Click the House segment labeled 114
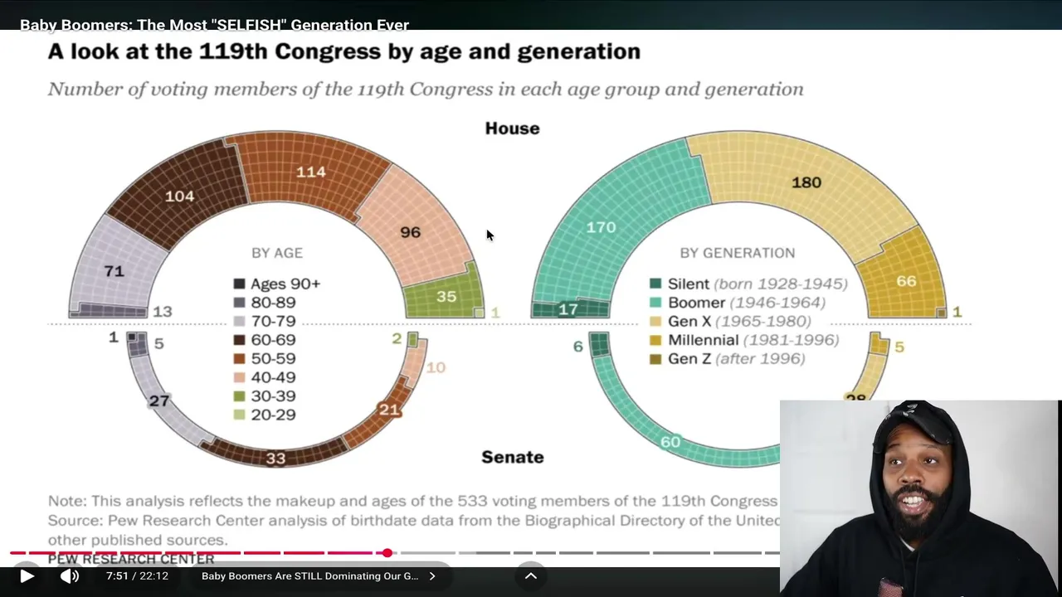tap(311, 172)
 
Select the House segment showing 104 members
tap(180, 196)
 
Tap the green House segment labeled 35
tap(446, 296)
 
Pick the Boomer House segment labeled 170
tap(602, 226)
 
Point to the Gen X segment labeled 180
tap(806, 182)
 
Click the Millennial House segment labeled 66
tap(906, 281)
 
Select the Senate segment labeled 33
tap(275, 458)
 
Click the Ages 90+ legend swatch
tap(240, 284)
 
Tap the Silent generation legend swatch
tap(655, 284)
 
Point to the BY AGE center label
tap(277, 253)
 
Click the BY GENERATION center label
tap(738, 253)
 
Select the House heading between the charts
tap(512, 129)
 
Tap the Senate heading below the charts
tap(512, 457)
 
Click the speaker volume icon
tap(70, 576)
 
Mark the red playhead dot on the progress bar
tap(387, 552)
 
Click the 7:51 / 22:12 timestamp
tap(137, 576)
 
